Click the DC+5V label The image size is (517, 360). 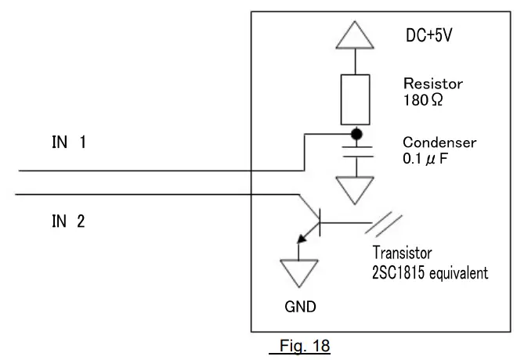pos(429,36)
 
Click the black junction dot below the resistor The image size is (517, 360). pos(355,134)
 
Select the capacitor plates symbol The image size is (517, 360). pos(355,152)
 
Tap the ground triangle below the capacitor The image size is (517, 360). pos(355,188)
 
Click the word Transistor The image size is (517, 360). pos(402,254)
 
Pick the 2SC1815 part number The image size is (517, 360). pos(399,273)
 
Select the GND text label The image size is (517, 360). pos(300,308)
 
